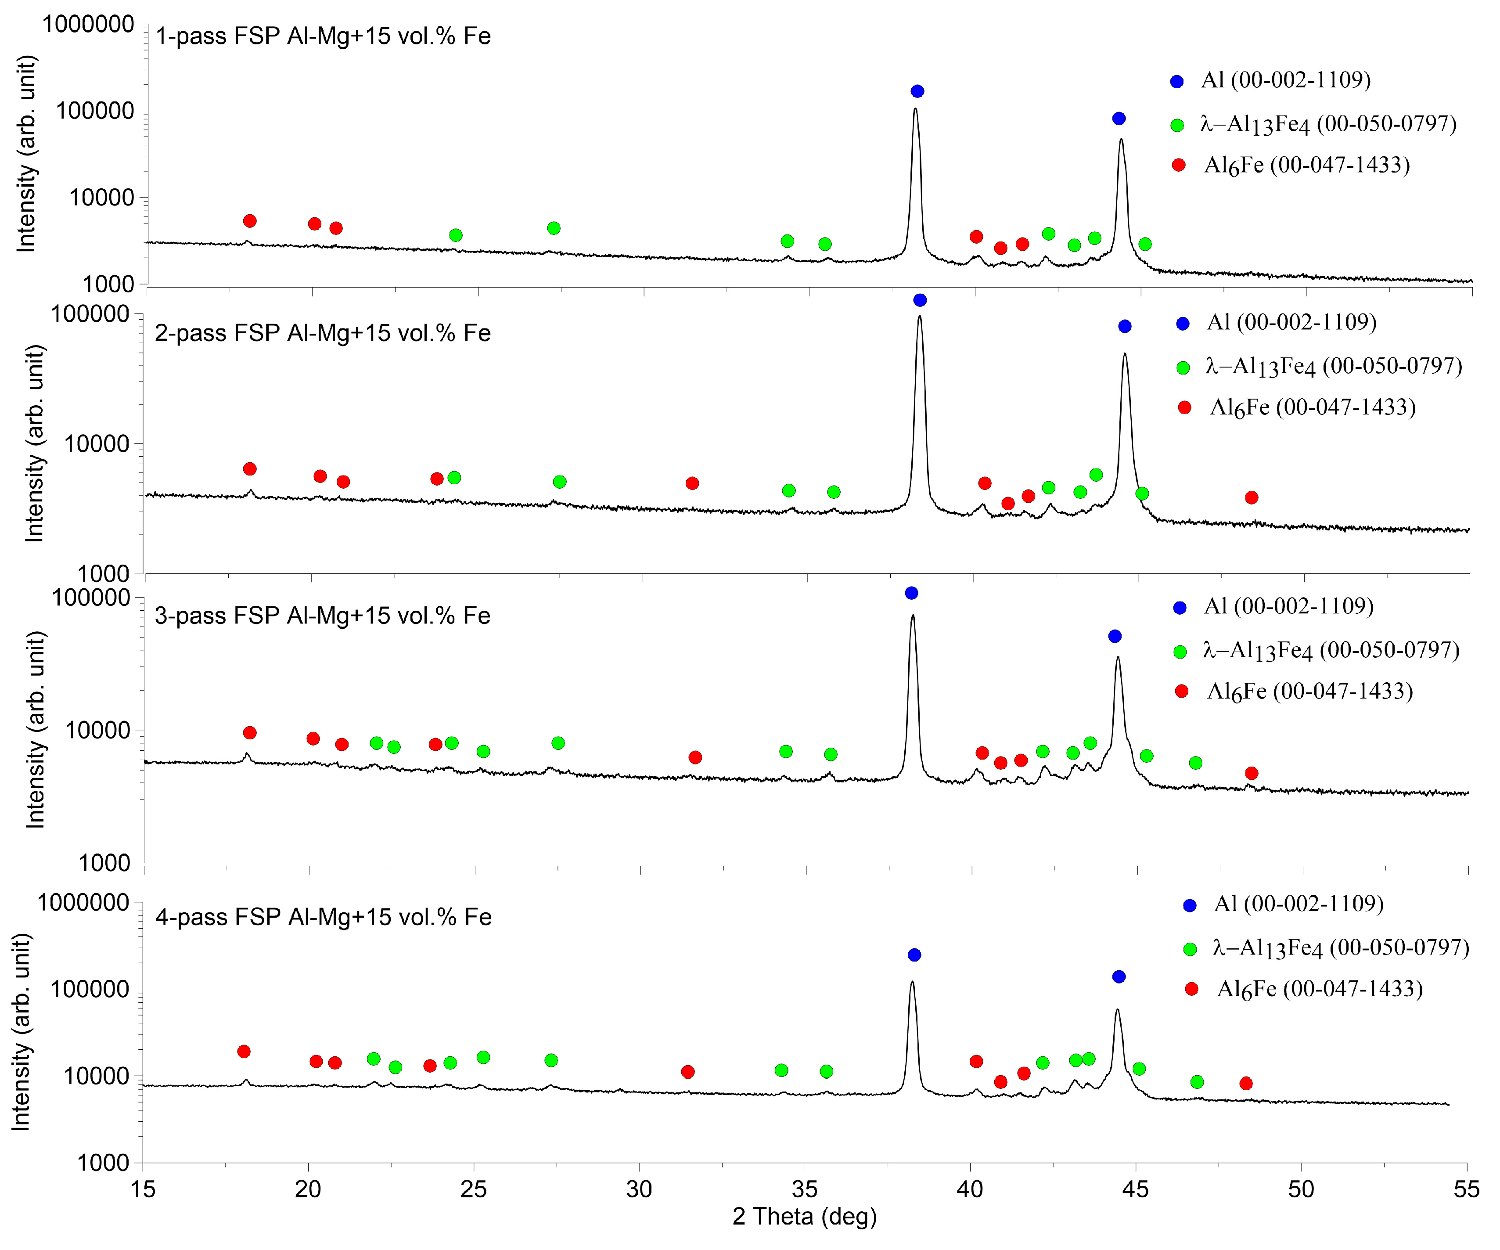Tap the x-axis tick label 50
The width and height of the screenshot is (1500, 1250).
(x=1301, y=1189)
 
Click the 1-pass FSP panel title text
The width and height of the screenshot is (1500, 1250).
(x=323, y=36)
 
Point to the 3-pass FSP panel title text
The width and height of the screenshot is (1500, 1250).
(x=322, y=616)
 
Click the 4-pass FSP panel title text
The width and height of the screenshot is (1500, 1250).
(x=323, y=917)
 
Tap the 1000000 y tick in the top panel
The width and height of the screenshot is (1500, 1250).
(x=88, y=24)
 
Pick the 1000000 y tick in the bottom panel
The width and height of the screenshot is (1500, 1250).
(x=83, y=903)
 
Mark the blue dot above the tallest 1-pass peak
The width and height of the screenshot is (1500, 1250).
(x=917, y=91)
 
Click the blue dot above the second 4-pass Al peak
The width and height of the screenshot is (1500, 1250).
(x=1119, y=976)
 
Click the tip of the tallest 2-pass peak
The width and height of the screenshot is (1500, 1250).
(x=919, y=317)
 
